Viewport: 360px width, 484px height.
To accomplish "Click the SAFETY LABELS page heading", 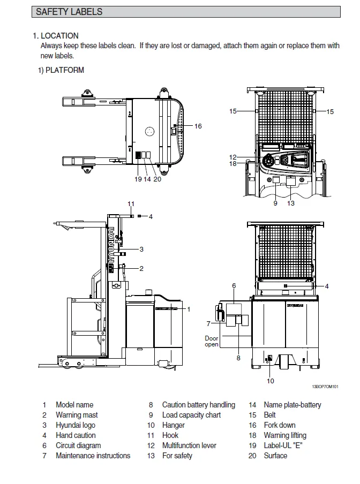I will pyautogui.click(x=69, y=11).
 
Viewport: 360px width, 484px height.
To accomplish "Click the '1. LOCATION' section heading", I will pyautogui.click(x=56, y=36).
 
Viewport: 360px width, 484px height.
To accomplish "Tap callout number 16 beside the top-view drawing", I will pyautogui.click(x=198, y=126).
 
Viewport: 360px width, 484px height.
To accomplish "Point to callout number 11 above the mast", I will pyautogui.click(x=131, y=203).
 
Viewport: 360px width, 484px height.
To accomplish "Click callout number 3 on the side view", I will pyautogui.click(x=141, y=249).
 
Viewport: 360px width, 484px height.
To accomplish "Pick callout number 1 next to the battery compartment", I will pyautogui.click(x=188, y=309).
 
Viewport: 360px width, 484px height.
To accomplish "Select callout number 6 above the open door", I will pyautogui.click(x=234, y=286).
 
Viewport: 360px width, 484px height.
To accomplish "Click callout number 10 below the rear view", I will pyautogui.click(x=271, y=381).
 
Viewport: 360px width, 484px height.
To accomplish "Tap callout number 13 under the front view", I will pyautogui.click(x=291, y=203).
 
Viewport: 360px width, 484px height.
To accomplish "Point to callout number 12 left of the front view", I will pyautogui.click(x=232, y=157).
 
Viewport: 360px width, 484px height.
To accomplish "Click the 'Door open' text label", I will pyautogui.click(x=212, y=341).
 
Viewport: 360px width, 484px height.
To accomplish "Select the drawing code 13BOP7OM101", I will pyautogui.click(x=326, y=387).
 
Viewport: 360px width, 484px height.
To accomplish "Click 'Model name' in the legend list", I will pyautogui.click(x=74, y=405).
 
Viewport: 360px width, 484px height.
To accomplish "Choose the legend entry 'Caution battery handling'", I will pyautogui.click(x=198, y=405).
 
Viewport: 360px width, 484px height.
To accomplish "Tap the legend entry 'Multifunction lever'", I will pyautogui.click(x=189, y=445).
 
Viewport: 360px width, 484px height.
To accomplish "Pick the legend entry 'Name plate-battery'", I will pyautogui.click(x=292, y=405).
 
